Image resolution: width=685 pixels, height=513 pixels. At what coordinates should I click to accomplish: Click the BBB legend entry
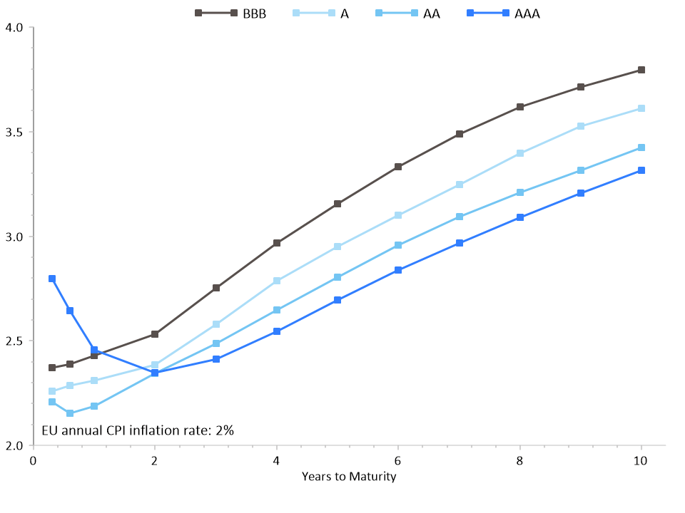[230, 13]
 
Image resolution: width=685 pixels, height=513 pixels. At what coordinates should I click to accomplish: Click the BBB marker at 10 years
[641, 70]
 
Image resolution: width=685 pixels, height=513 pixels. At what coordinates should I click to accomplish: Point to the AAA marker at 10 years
[641, 170]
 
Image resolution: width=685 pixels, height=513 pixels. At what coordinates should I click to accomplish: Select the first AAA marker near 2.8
[52, 279]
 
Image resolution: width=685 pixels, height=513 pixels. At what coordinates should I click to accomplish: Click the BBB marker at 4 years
[277, 243]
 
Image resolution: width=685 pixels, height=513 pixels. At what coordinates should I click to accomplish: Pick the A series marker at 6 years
[398, 215]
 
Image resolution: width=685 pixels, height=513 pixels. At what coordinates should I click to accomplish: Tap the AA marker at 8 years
[520, 192]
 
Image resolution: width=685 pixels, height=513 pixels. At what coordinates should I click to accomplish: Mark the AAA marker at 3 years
[216, 359]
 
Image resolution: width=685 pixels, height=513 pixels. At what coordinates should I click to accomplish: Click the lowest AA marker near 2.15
[70, 413]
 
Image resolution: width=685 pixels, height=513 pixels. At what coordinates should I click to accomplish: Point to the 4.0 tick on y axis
[15, 28]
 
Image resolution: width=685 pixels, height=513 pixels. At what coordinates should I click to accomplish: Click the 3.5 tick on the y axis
[15, 133]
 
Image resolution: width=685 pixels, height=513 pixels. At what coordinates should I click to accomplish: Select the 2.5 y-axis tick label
[15, 341]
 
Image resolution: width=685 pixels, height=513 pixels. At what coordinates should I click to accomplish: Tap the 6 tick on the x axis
[398, 461]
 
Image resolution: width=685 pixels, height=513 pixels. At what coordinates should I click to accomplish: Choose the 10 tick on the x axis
[641, 461]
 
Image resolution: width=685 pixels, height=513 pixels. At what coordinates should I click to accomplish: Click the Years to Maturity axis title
[348, 476]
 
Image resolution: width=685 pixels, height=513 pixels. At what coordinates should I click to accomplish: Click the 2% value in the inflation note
[225, 430]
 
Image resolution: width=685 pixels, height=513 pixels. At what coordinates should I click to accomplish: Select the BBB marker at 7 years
[460, 134]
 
